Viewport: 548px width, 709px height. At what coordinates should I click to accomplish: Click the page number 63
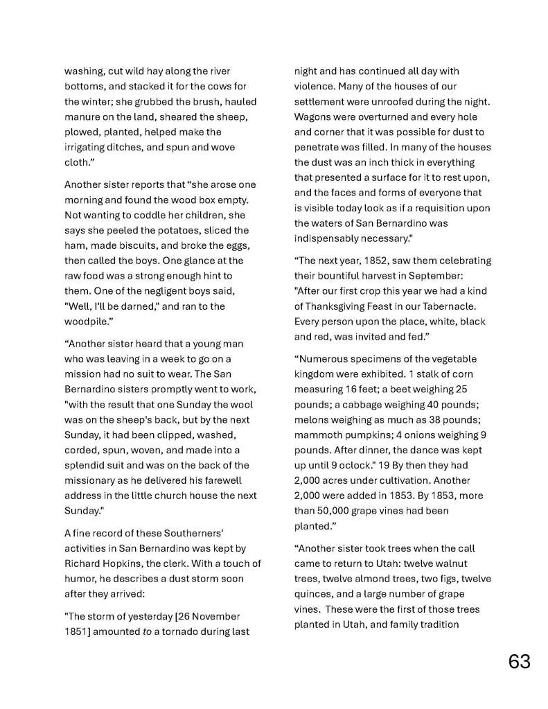tap(519, 661)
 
